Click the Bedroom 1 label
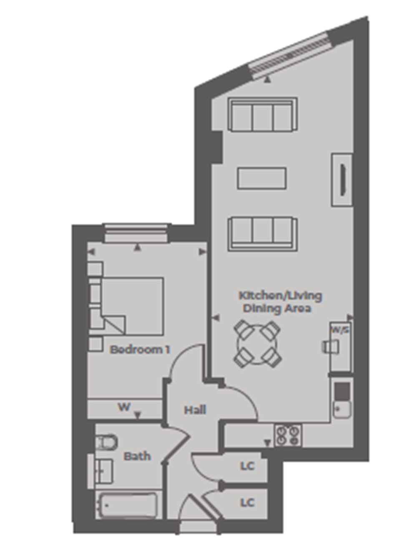coord(140,350)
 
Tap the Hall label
coord(195,410)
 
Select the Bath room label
coord(137,456)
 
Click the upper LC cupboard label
coord(247,466)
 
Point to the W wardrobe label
coord(124,407)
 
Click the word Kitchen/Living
coord(280,296)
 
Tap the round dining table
coord(257,344)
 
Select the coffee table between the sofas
coord(261,178)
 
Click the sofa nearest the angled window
coord(263,114)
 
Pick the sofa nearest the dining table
coord(263,234)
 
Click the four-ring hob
coord(288,435)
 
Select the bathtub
coord(129,506)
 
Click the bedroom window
coord(136,233)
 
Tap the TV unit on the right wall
coord(342,180)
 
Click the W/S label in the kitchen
coord(340,330)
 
